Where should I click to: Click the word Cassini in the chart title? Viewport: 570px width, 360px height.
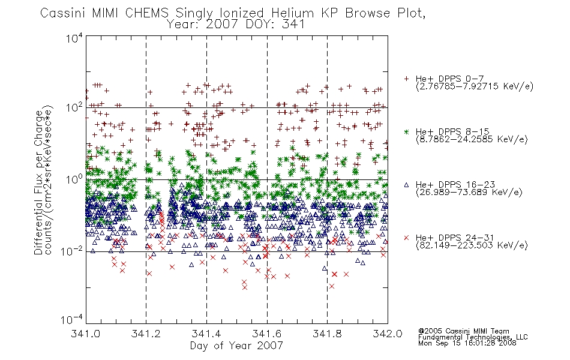62,13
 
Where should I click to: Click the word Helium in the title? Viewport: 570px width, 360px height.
293,13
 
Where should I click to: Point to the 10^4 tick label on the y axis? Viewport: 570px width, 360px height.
75,38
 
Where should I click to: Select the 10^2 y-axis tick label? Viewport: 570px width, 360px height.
75,108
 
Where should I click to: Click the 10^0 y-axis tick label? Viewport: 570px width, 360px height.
75,179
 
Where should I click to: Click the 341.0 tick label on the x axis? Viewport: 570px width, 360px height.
86,334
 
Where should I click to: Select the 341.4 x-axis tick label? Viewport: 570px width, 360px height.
206,334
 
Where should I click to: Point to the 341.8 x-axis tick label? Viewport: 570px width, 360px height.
327,334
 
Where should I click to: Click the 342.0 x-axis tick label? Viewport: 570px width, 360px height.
388,334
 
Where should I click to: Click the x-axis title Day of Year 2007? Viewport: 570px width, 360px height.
236,346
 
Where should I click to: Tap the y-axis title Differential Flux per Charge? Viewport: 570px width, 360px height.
38,182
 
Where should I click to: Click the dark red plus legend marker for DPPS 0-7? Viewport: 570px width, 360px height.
406,79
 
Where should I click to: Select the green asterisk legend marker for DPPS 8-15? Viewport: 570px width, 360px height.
406,131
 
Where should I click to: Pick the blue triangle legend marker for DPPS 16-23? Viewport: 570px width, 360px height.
406,185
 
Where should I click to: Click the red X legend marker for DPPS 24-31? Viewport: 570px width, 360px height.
406,238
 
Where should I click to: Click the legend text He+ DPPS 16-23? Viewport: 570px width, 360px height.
455,185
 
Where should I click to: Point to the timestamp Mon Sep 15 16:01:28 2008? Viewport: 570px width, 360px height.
467,343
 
